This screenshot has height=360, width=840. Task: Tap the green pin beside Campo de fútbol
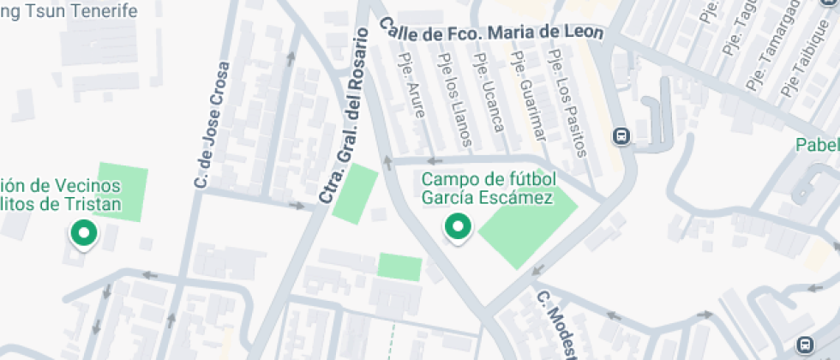click(458, 228)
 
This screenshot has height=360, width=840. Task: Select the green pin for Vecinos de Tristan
click(83, 233)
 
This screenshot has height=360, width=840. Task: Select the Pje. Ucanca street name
click(489, 93)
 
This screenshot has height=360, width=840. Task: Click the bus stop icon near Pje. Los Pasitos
click(621, 135)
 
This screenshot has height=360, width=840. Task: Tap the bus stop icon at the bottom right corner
click(805, 345)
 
